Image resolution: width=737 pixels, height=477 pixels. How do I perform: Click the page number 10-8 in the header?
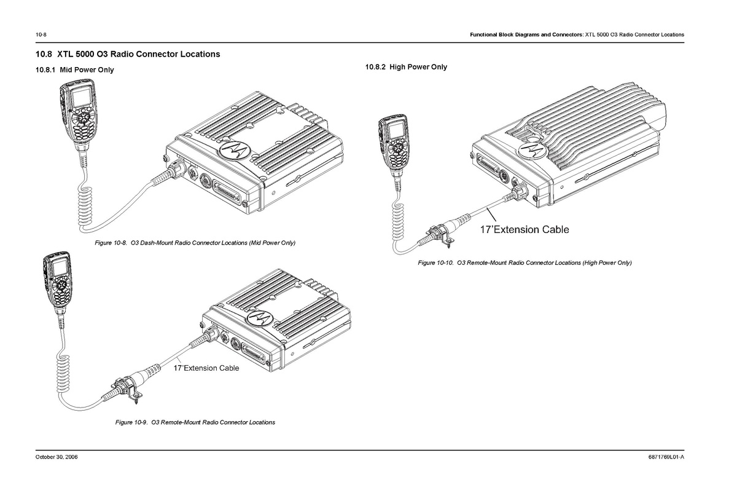[42, 34]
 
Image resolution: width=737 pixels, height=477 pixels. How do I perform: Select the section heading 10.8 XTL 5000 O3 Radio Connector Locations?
[128, 54]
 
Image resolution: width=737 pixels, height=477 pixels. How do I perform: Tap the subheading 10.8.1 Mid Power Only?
[75, 70]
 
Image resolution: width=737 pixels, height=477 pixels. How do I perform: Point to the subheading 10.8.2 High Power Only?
[406, 67]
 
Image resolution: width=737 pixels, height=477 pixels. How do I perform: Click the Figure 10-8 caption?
[195, 243]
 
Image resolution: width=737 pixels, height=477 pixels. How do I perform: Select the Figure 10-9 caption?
[195, 422]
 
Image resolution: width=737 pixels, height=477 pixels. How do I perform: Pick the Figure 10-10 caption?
[524, 263]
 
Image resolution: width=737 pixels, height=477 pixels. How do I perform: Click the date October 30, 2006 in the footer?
[57, 458]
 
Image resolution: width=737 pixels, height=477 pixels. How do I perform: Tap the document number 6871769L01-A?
[666, 458]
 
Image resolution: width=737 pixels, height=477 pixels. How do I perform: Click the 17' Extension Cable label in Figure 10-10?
[524, 230]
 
